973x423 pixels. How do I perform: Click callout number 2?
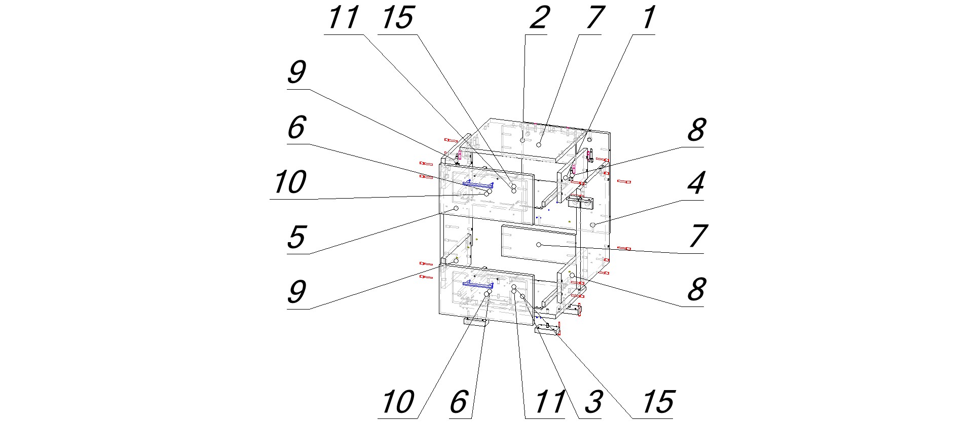pos(538,18)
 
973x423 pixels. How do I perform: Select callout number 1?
pos(647,18)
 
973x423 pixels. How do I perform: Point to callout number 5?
pos(296,237)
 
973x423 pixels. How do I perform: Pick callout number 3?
pos(592,402)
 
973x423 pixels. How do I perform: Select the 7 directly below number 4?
pos(697,236)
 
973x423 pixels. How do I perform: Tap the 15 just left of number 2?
pos(397,18)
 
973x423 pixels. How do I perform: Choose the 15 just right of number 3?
pos(657,402)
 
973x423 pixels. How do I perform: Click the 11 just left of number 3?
pos(549,402)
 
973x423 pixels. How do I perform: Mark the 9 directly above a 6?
pos(296,72)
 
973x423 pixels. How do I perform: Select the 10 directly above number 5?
pos(290,182)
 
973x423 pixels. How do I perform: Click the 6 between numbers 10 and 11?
pos(458,402)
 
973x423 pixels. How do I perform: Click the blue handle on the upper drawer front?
pos(477,183)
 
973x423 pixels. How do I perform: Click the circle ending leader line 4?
pos(592,224)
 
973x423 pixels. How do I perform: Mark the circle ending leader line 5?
pos(456,208)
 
